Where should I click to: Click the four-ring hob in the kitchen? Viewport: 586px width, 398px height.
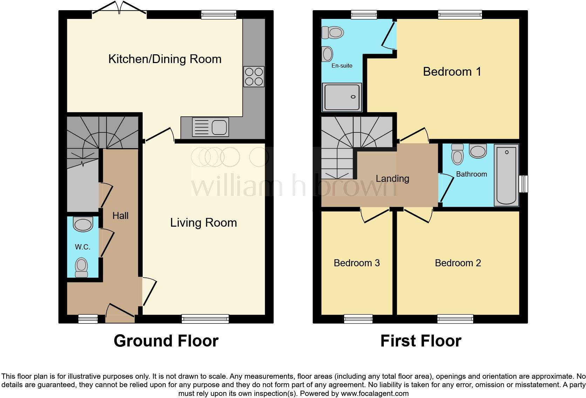(254, 77)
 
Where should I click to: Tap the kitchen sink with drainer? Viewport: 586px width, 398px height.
(210, 127)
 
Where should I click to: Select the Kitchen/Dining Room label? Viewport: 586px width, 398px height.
(165, 59)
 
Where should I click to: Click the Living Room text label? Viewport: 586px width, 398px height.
(203, 223)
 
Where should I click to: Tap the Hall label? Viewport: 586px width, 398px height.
(120, 216)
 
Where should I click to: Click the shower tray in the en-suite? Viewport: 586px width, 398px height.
(342, 97)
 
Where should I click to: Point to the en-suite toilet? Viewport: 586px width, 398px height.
(333, 33)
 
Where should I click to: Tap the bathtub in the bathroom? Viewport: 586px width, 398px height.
(506, 176)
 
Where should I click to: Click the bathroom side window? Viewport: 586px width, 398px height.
(523, 184)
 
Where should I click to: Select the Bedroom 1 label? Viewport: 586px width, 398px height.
(452, 72)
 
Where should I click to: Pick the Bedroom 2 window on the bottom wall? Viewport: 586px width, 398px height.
(455, 319)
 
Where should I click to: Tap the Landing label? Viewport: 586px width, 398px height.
(392, 179)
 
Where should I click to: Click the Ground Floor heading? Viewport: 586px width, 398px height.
(166, 341)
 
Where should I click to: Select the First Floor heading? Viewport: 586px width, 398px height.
(421, 341)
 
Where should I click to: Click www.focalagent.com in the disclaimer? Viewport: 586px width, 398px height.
(375, 393)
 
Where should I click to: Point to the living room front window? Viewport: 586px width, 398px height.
(205, 319)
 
